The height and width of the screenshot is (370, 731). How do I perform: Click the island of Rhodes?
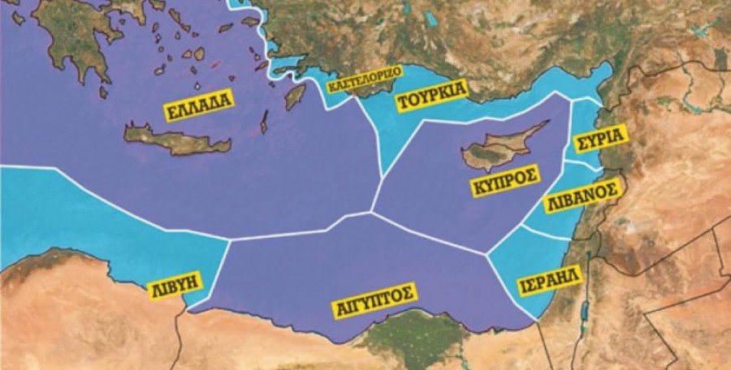295,97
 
